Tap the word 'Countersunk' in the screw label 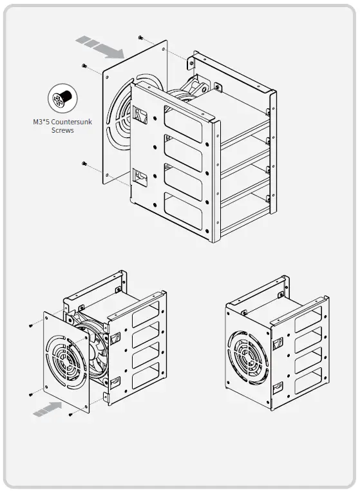[x=74, y=122]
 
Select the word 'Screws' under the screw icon [x=62, y=130]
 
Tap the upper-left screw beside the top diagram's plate [x=84, y=65]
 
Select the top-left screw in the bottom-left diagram [x=31, y=326]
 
